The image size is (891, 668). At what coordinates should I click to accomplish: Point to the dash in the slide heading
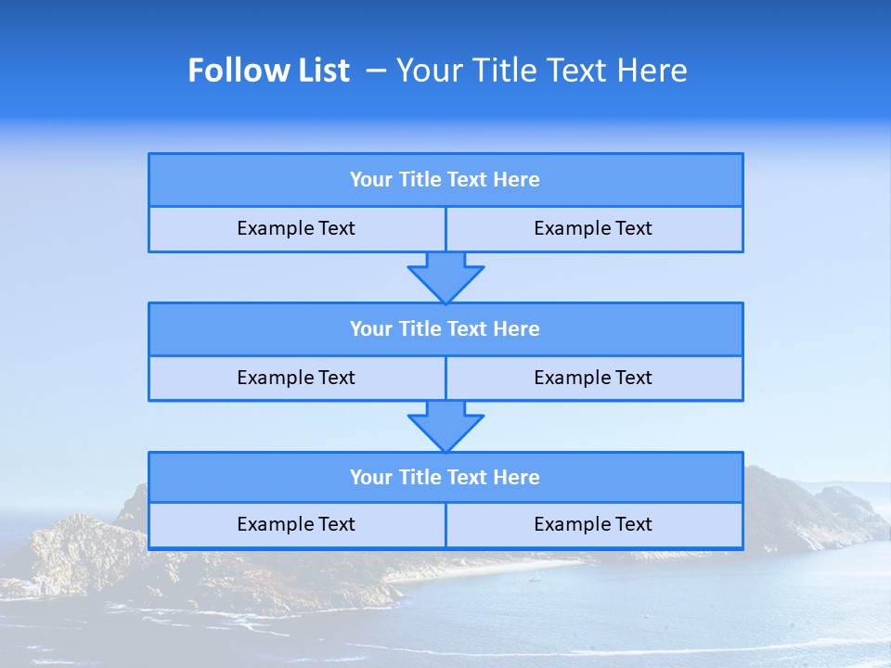[x=377, y=71]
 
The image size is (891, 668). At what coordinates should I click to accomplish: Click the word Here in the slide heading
[x=650, y=71]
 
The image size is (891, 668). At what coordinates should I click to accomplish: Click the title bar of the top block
[x=445, y=180]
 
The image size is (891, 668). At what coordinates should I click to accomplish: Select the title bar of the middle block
[x=445, y=329]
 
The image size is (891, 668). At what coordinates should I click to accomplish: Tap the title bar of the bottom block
[x=445, y=478]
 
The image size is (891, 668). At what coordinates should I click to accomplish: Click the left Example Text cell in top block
[x=296, y=228]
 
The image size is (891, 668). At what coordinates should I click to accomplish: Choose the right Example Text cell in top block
[x=593, y=228]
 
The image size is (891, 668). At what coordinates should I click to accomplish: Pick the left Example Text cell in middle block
[x=296, y=378]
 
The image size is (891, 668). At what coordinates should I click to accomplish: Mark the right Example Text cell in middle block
[x=593, y=378]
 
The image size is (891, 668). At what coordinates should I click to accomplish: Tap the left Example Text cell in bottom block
[x=296, y=524]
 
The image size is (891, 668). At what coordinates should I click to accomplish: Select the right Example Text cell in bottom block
[x=593, y=524]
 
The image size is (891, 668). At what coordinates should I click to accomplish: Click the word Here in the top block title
[x=517, y=180]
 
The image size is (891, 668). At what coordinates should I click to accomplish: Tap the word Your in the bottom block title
[x=371, y=478]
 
